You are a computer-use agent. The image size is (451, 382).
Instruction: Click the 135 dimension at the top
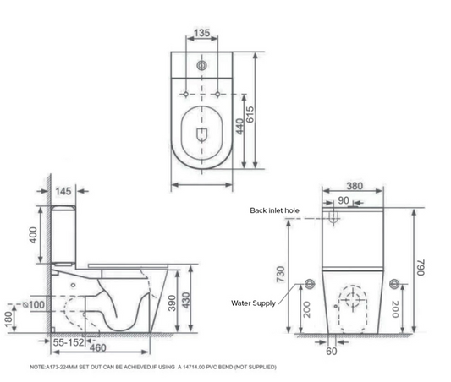coord(202,33)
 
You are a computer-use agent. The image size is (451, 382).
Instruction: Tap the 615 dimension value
coord(250,114)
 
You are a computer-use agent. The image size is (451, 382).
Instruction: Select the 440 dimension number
coord(239,127)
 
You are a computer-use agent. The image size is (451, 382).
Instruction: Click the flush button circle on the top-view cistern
coord(202,65)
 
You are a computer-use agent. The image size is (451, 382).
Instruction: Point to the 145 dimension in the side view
coord(63,191)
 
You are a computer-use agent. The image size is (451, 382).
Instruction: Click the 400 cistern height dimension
coord(33,235)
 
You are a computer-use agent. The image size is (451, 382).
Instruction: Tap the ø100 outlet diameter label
coord(34,304)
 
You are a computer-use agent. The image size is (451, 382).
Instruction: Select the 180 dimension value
coord(9,319)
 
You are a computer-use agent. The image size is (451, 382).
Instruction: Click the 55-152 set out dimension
coord(69,342)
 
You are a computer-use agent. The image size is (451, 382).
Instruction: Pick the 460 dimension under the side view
coord(98,348)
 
